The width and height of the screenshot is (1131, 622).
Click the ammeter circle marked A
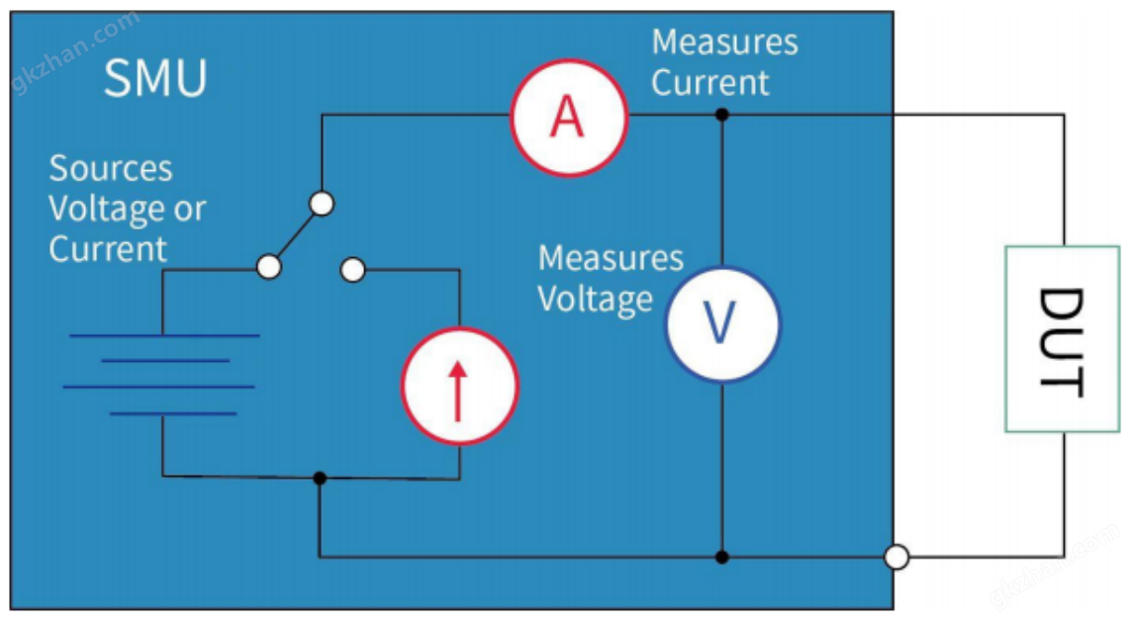[x=568, y=118]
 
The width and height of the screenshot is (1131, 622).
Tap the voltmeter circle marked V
[x=721, y=323]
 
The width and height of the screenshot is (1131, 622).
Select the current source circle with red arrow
[x=458, y=385]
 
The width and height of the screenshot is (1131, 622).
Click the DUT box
[x=1062, y=339]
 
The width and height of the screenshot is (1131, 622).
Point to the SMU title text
[x=155, y=78]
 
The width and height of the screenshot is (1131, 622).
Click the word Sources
[x=111, y=169]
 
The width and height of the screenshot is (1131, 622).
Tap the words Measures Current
[x=723, y=62]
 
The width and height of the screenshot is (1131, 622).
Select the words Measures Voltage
[x=610, y=278]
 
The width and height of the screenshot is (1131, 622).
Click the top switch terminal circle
[x=321, y=204]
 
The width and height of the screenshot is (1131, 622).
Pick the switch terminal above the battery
[x=268, y=267]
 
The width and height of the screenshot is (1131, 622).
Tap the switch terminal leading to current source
[x=352, y=269]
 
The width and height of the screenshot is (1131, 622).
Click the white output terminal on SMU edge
[x=896, y=558]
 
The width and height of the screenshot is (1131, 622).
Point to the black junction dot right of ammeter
[x=722, y=115]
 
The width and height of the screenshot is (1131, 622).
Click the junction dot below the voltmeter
[x=722, y=557]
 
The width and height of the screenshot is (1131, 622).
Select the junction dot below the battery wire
[x=319, y=478]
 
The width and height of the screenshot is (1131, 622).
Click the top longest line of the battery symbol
[x=164, y=336]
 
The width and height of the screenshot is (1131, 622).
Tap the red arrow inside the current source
[x=458, y=390]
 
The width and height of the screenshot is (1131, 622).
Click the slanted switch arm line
[x=295, y=235]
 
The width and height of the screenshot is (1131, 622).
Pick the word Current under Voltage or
[x=108, y=248]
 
